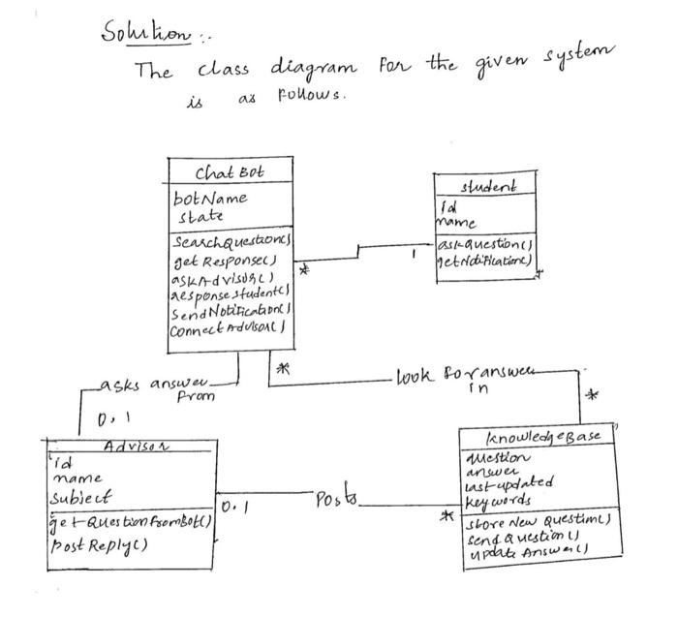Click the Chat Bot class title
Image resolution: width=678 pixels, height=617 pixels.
click(x=229, y=173)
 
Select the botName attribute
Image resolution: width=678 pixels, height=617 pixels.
click(x=211, y=198)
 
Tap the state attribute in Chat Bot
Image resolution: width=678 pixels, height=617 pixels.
click(x=199, y=215)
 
